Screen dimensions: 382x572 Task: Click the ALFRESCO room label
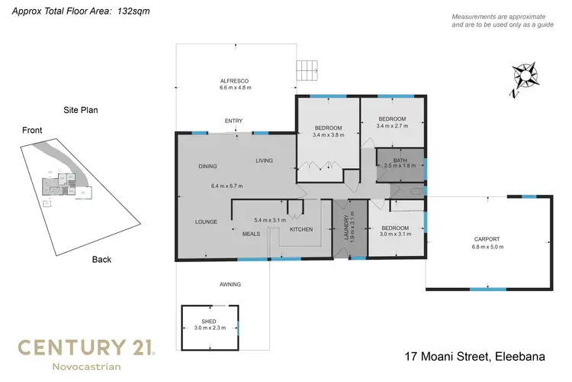tap(235, 81)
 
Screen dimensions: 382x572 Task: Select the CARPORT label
tap(488, 239)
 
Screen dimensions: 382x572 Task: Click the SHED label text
tap(209, 322)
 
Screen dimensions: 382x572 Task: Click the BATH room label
tap(400, 160)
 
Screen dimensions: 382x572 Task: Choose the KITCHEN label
tap(301, 229)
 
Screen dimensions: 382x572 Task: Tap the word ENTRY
tap(233, 121)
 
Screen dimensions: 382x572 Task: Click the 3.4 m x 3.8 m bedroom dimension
tap(329, 135)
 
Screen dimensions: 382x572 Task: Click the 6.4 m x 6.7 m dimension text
tap(227, 186)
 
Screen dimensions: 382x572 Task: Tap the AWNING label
tap(230, 284)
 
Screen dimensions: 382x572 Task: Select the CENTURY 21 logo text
tap(86, 348)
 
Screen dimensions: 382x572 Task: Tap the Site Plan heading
tap(80, 110)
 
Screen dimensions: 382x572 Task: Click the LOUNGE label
tap(206, 222)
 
